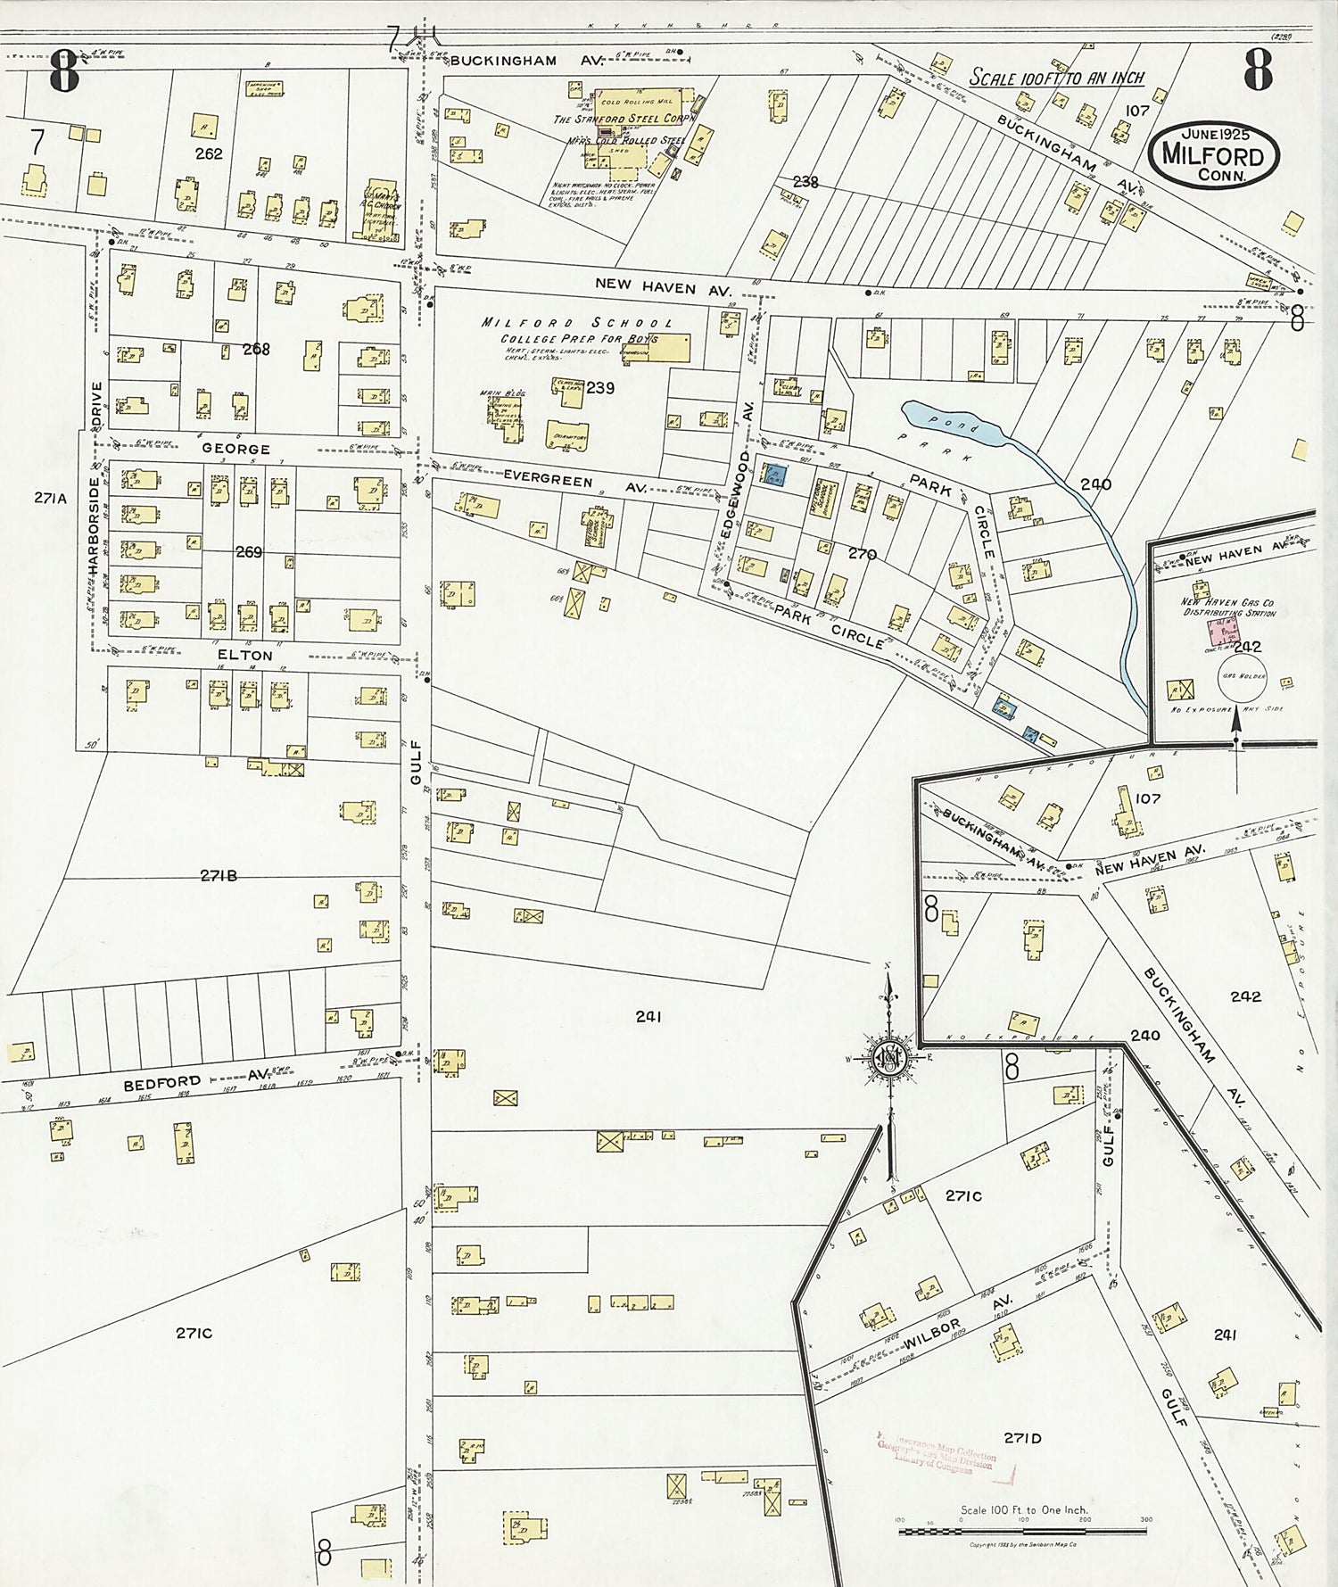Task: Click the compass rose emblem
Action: (889, 1058)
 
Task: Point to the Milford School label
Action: (577, 323)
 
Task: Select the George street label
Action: (235, 449)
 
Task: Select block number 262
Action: (209, 153)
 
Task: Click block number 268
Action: (256, 349)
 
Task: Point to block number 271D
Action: (1022, 1437)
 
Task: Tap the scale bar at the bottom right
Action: (1022, 1531)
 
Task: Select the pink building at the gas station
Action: (1219, 632)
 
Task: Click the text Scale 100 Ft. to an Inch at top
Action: (1056, 78)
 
